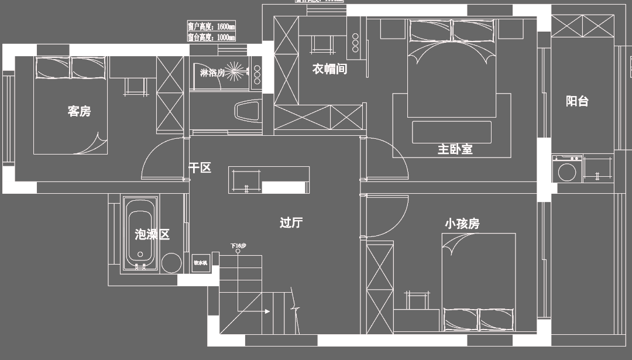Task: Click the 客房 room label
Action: tap(79, 111)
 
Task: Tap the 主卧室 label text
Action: tap(455, 149)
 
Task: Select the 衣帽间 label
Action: tap(329, 69)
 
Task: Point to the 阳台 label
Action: tap(576, 101)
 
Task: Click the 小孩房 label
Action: tap(462, 224)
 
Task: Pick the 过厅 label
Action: tap(291, 222)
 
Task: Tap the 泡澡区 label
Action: tap(152, 235)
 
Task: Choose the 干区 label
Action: tap(200, 168)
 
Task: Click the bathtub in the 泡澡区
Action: tap(140, 234)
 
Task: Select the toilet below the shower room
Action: tap(246, 111)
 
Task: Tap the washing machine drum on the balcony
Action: tap(566, 172)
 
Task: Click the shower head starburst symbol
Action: tap(237, 72)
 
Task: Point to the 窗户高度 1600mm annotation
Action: tap(211, 27)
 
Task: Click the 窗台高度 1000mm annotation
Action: tap(211, 37)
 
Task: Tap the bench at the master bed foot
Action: tap(450, 132)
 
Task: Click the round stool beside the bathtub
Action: tap(171, 263)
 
